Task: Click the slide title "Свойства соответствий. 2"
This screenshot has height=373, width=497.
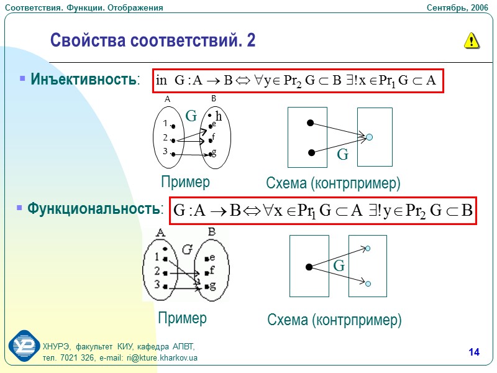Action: [152, 41]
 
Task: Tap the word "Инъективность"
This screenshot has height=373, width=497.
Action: [84, 80]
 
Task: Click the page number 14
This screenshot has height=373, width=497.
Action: [474, 353]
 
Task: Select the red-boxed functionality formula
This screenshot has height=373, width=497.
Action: [324, 210]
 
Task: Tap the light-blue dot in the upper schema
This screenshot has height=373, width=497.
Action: [370, 137]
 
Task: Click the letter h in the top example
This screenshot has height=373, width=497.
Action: [219, 115]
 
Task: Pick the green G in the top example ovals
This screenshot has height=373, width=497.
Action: [191, 116]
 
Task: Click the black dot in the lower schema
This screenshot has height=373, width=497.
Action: [309, 267]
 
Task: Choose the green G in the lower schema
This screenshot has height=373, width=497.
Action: [339, 266]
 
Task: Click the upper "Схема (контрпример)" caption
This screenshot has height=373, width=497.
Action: [333, 183]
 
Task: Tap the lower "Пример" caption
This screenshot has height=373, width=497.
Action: [182, 318]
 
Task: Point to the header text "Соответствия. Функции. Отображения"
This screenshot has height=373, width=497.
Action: [83, 7]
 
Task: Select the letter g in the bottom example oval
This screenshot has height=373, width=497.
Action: [213, 286]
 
